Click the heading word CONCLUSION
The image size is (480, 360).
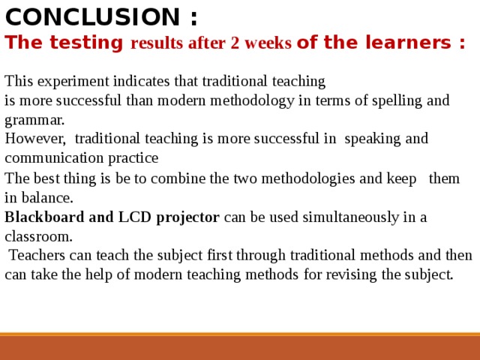[x=92, y=16]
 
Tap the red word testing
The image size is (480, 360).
[x=86, y=43]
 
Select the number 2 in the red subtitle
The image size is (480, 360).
[x=235, y=43]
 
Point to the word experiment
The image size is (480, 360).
[x=73, y=82]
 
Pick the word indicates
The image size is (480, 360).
[x=142, y=81]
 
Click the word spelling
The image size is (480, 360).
[x=397, y=101]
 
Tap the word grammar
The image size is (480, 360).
[x=34, y=120]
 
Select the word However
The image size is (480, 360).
[x=35, y=139]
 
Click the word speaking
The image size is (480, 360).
[x=372, y=139]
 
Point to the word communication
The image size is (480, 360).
[x=54, y=158]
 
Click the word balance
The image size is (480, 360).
[x=47, y=197]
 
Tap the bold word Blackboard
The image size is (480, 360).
[x=44, y=217]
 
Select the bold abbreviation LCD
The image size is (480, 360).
[x=135, y=217]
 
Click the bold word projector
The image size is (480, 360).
[x=187, y=217]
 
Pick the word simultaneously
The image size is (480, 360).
[x=351, y=217]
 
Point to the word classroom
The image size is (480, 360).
[x=38, y=236]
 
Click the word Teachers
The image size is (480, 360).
[x=37, y=255]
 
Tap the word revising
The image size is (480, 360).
[x=351, y=274]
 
